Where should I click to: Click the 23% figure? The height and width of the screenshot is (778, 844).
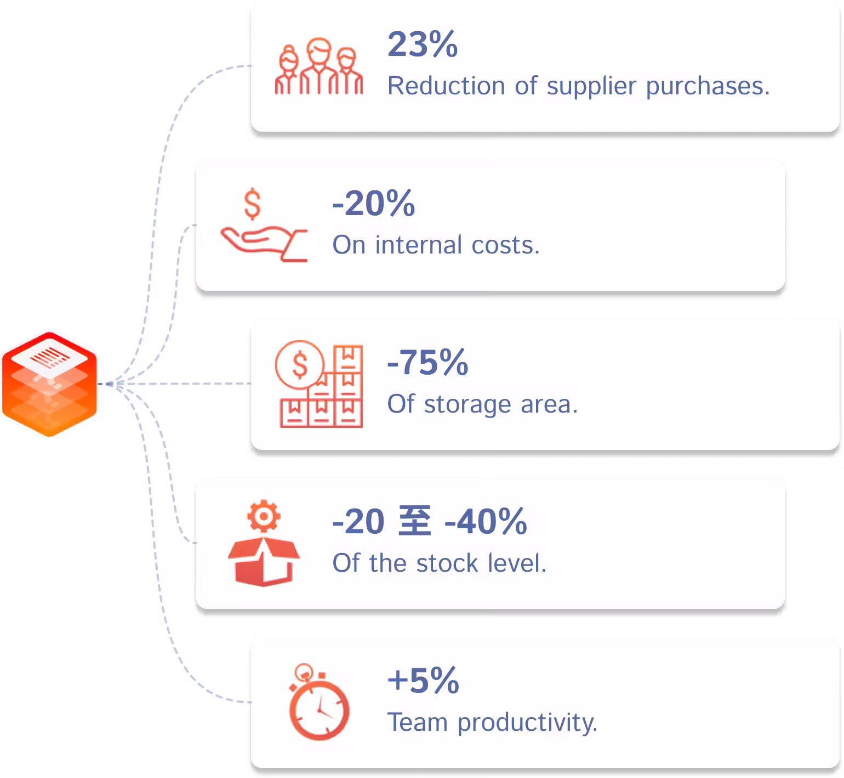click(x=423, y=44)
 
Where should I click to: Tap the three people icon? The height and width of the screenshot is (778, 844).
click(x=318, y=66)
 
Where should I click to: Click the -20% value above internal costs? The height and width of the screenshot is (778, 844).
click(x=374, y=203)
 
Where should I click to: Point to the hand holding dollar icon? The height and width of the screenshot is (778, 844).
click(x=264, y=225)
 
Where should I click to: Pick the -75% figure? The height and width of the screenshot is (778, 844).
click(x=428, y=362)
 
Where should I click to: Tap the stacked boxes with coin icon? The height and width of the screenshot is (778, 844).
click(x=318, y=384)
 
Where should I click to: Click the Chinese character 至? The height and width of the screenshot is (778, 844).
click(x=414, y=521)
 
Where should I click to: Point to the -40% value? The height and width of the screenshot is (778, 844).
click(x=486, y=521)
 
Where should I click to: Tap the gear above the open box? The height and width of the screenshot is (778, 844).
click(x=264, y=516)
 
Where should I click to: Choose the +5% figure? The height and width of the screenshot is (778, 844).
click(x=423, y=680)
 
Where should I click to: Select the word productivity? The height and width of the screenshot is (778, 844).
click(x=527, y=723)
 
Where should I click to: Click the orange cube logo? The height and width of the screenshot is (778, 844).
click(x=49, y=384)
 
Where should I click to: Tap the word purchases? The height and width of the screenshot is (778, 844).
click(x=708, y=87)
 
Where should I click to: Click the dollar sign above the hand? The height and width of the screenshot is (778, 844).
click(x=252, y=204)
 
